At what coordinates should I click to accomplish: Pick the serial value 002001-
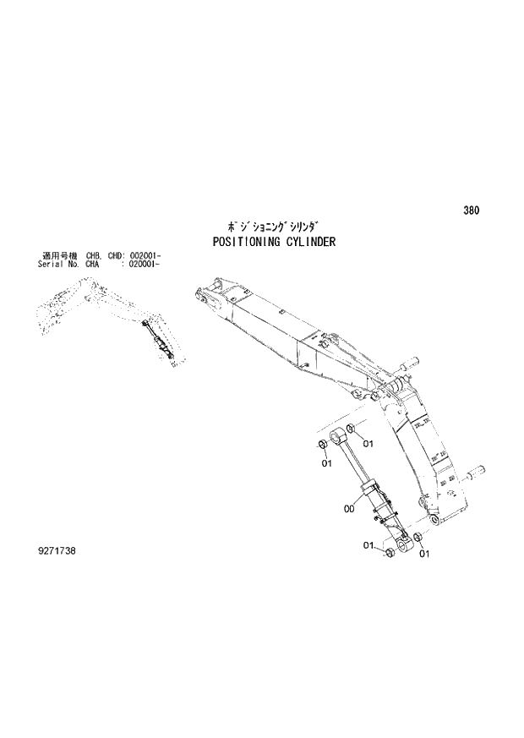[145, 255]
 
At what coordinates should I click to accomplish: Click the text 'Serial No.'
[57, 264]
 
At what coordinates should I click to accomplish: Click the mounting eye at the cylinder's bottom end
[405, 549]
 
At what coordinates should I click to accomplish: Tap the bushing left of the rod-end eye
[323, 445]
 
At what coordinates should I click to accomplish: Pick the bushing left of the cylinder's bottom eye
[390, 554]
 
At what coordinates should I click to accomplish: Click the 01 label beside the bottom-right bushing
[423, 554]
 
